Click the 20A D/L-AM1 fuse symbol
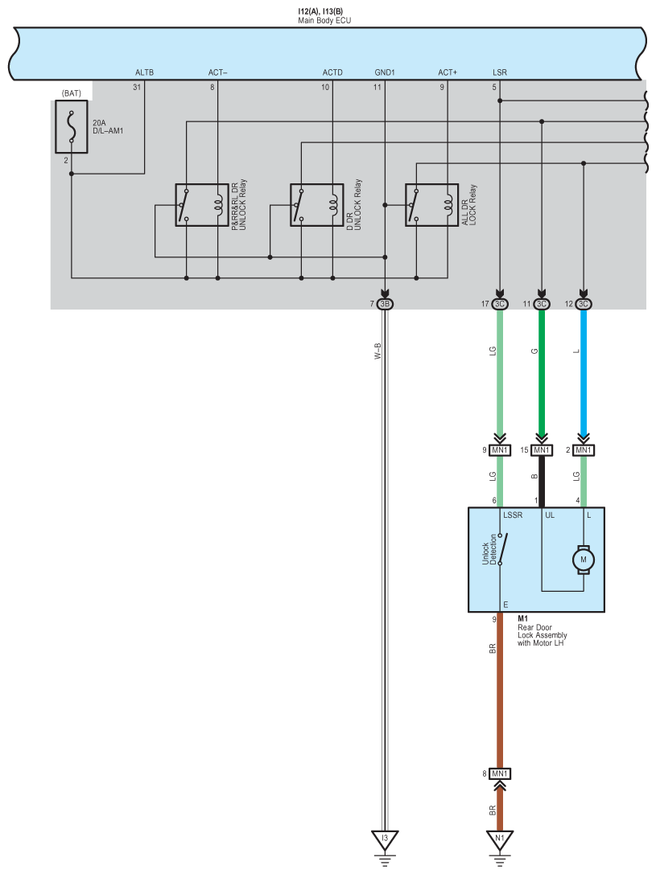[x=72, y=126]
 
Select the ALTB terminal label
[x=144, y=72]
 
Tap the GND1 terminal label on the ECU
[x=385, y=72]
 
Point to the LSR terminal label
[x=500, y=72]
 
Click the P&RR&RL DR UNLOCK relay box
[x=201, y=205]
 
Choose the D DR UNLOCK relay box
[x=317, y=205]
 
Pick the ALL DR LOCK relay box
[x=431, y=205]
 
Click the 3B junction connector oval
[x=385, y=304]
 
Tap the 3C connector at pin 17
[x=500, y=304]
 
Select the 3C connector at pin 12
[x=584, y=304]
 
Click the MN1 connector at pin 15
[x=542, y=449]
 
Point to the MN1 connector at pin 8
[x=500, y=773]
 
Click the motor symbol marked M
[x=584, y=560]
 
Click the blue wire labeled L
[x=584, y=372]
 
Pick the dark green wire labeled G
[x=542, y=372]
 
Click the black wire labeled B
[x=542, y=481]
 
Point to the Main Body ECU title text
[x=324, y=21]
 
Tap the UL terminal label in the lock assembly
[x=550, y=515]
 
